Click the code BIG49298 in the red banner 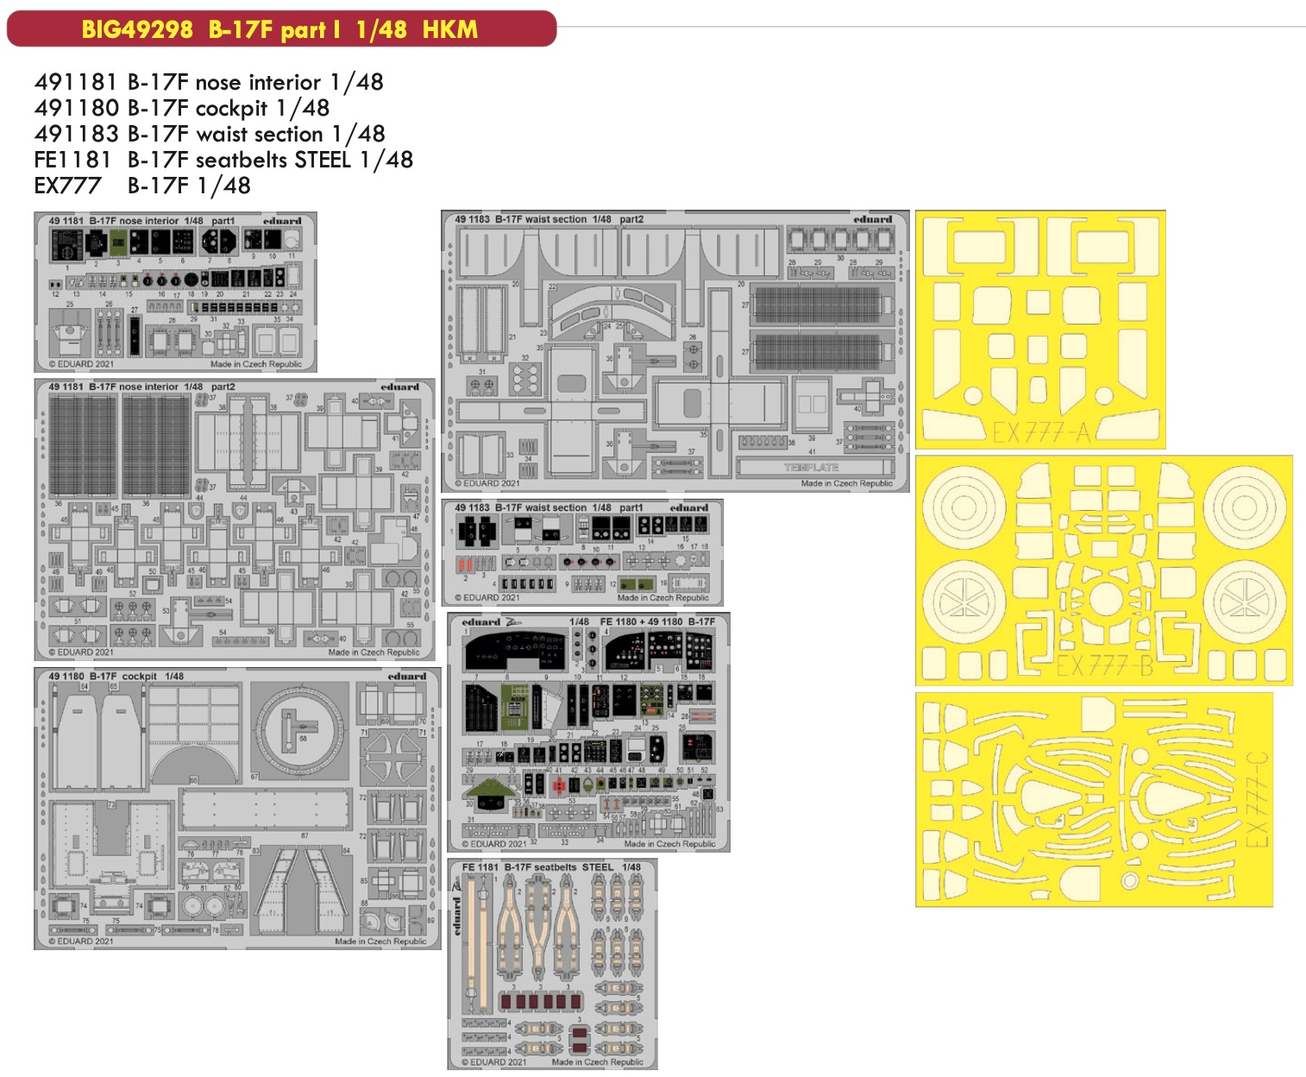137,29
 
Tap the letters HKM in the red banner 449,29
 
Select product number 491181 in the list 76,82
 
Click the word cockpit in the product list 231,108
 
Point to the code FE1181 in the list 72,160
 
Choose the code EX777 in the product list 67,186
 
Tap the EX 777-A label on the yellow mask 1041,431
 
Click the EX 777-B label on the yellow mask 1104,665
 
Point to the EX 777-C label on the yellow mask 1258,799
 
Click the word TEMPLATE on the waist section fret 811,467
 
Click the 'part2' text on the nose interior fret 223,387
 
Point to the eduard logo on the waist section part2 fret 873,219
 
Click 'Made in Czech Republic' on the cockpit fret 380,942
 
